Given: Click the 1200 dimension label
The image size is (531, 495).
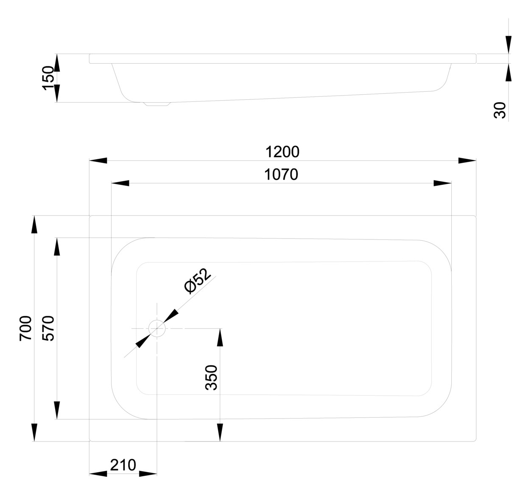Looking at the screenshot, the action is tap(282, 152).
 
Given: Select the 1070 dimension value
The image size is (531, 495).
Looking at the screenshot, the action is tap(281, 174).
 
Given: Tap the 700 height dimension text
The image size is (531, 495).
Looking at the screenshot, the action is tap(26, 329).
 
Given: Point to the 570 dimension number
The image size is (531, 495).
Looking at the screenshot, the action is tap(48, 328).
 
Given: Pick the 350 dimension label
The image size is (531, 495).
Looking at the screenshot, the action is tap(211, 377).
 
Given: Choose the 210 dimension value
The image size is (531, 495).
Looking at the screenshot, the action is tap(123, 465).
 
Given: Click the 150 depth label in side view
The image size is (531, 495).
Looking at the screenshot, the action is tap(48, 78).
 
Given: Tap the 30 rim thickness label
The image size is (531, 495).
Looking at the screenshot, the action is tap(500, 110).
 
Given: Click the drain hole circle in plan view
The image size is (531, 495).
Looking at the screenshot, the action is tap(157, 328).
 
